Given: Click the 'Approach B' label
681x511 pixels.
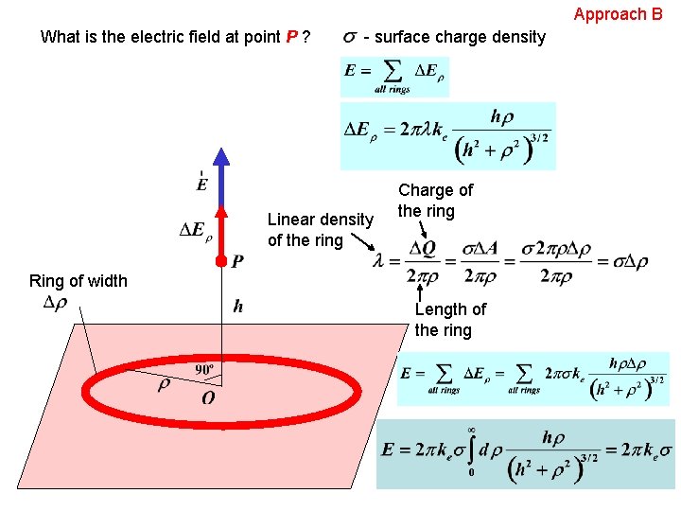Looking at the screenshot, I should coord(618,14).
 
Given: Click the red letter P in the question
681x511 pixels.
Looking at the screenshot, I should coord(292,38).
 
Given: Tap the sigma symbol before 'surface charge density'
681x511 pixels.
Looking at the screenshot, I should coord(350,37).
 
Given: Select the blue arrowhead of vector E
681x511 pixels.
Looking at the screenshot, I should coord(220,160).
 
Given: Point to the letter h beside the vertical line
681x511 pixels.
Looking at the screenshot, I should coord(238,306).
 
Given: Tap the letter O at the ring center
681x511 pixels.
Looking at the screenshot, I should coord(208,398).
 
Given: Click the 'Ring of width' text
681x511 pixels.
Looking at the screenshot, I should coord(79,280).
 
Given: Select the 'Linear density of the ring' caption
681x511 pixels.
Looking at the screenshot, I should coord(320,230).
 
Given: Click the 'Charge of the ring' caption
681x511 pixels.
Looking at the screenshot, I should coord(435,201).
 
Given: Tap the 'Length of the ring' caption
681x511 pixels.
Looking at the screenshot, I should coord(449,320).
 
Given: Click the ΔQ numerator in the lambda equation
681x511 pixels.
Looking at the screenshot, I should coord(423,249).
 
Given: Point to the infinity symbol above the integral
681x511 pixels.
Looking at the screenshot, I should coord(470,430).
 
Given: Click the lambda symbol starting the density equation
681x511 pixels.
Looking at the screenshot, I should coord(380,262).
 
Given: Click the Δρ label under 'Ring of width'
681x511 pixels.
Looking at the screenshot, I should coord(56,303).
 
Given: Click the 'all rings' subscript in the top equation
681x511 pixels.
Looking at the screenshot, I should coord(393,89).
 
